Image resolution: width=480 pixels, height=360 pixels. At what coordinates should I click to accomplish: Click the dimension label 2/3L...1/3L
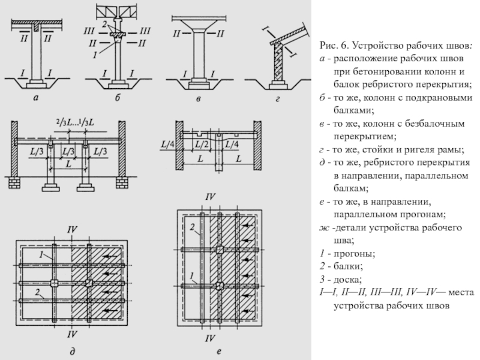pos(76,122)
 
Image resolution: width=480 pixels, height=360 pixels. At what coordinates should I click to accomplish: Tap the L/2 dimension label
pos(202,145)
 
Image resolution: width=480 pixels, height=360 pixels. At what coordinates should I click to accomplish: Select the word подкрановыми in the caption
pos(443,98)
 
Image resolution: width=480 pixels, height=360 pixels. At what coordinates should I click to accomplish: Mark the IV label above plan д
pos(72,230)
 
